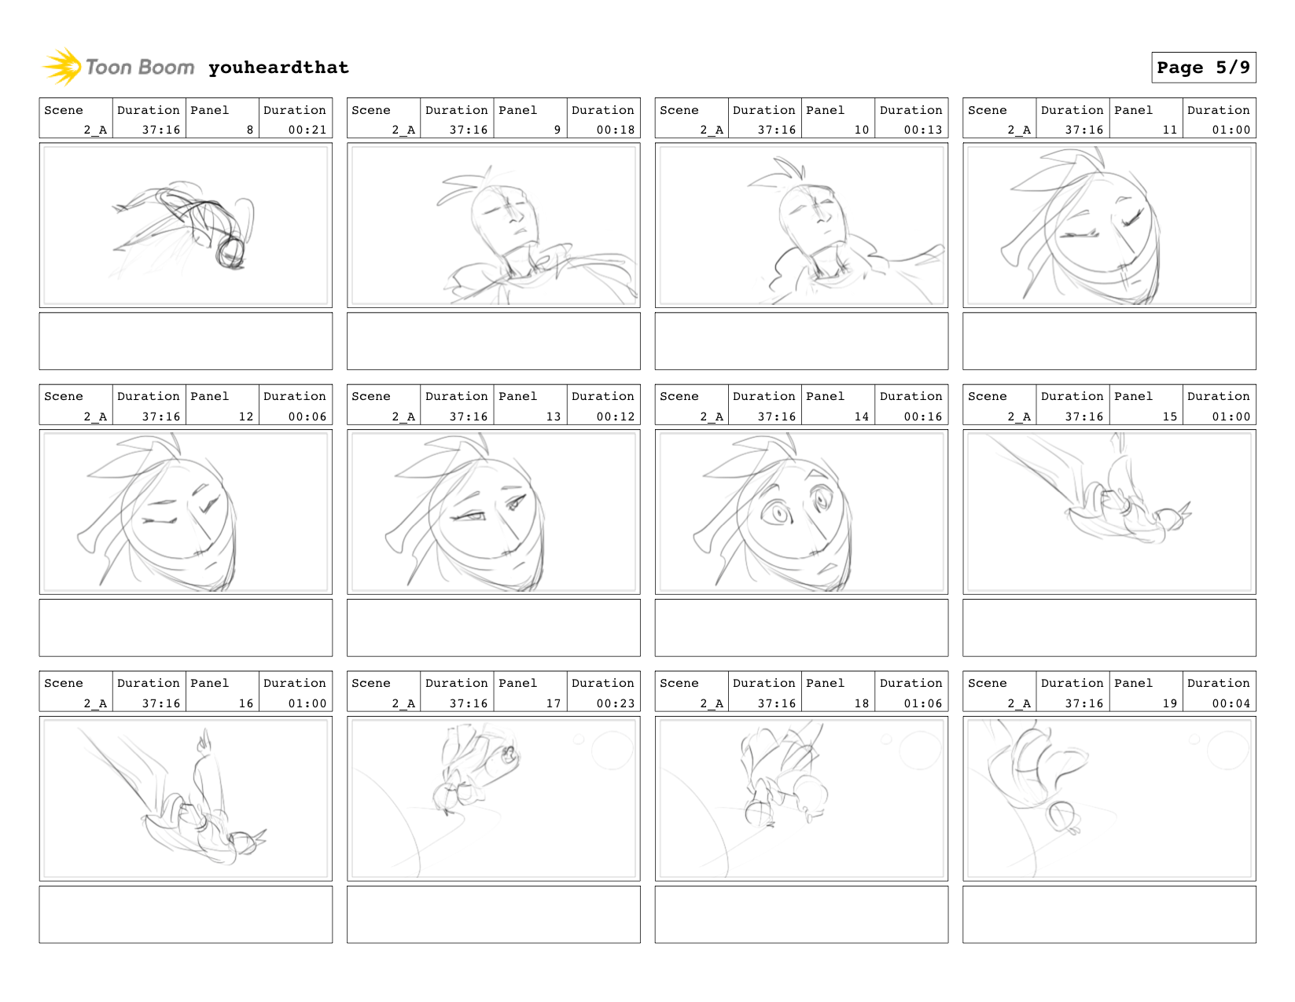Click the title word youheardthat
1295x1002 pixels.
coord(278,68)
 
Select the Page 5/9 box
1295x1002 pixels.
coord(1203,68)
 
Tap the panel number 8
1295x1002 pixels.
coord(250,129)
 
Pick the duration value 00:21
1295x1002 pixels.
coord(307,129)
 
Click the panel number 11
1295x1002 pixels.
coord(1169,129)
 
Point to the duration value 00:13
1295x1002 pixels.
coord(923,129)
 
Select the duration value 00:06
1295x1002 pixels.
coord(307,417)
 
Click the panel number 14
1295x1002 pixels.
coord(861,417)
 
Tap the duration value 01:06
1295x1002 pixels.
coord(923,703)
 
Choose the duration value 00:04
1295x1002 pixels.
coord(1231,703)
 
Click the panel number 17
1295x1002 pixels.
coord(553,703)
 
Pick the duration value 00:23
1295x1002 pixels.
coord(616,703)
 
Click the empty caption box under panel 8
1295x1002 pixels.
coord(186,341)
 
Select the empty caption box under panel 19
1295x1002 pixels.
coord(1109,915)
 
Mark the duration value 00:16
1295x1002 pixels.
coord(923,417)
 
